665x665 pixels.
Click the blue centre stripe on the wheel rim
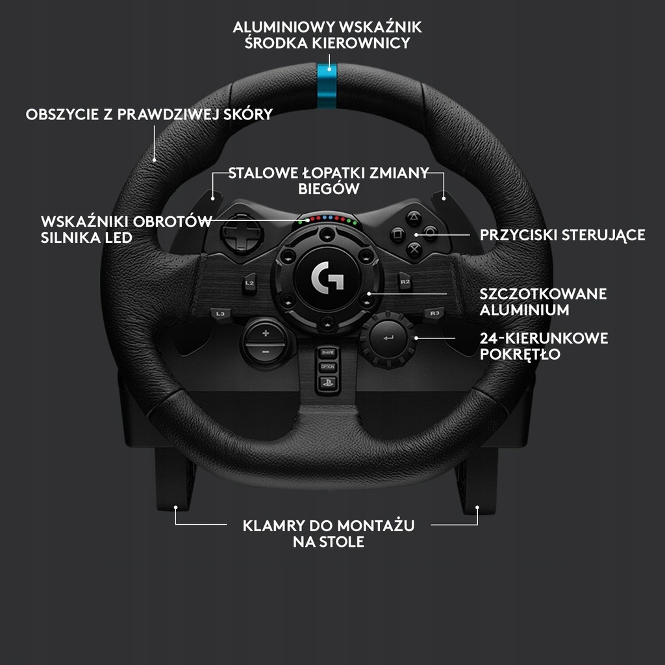click(x=327, y=86)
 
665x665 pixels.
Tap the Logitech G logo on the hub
click(x=327, y=277)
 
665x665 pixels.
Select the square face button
click(x=397, y=234)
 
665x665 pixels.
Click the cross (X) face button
click(x=414, y=249)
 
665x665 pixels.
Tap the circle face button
click(x=430, y=233)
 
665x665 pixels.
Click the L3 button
click(x=220, y=314)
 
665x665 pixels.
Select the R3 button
click(x=434, y=314)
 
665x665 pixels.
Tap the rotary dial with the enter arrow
click(x=388, y=338)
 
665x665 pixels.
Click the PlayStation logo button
click(x=328, y=383)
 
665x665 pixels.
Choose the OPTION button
click(x=328, y=367)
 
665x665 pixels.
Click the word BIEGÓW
click(x=329, y=189)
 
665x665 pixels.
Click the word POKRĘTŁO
click(x=520, y=354)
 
